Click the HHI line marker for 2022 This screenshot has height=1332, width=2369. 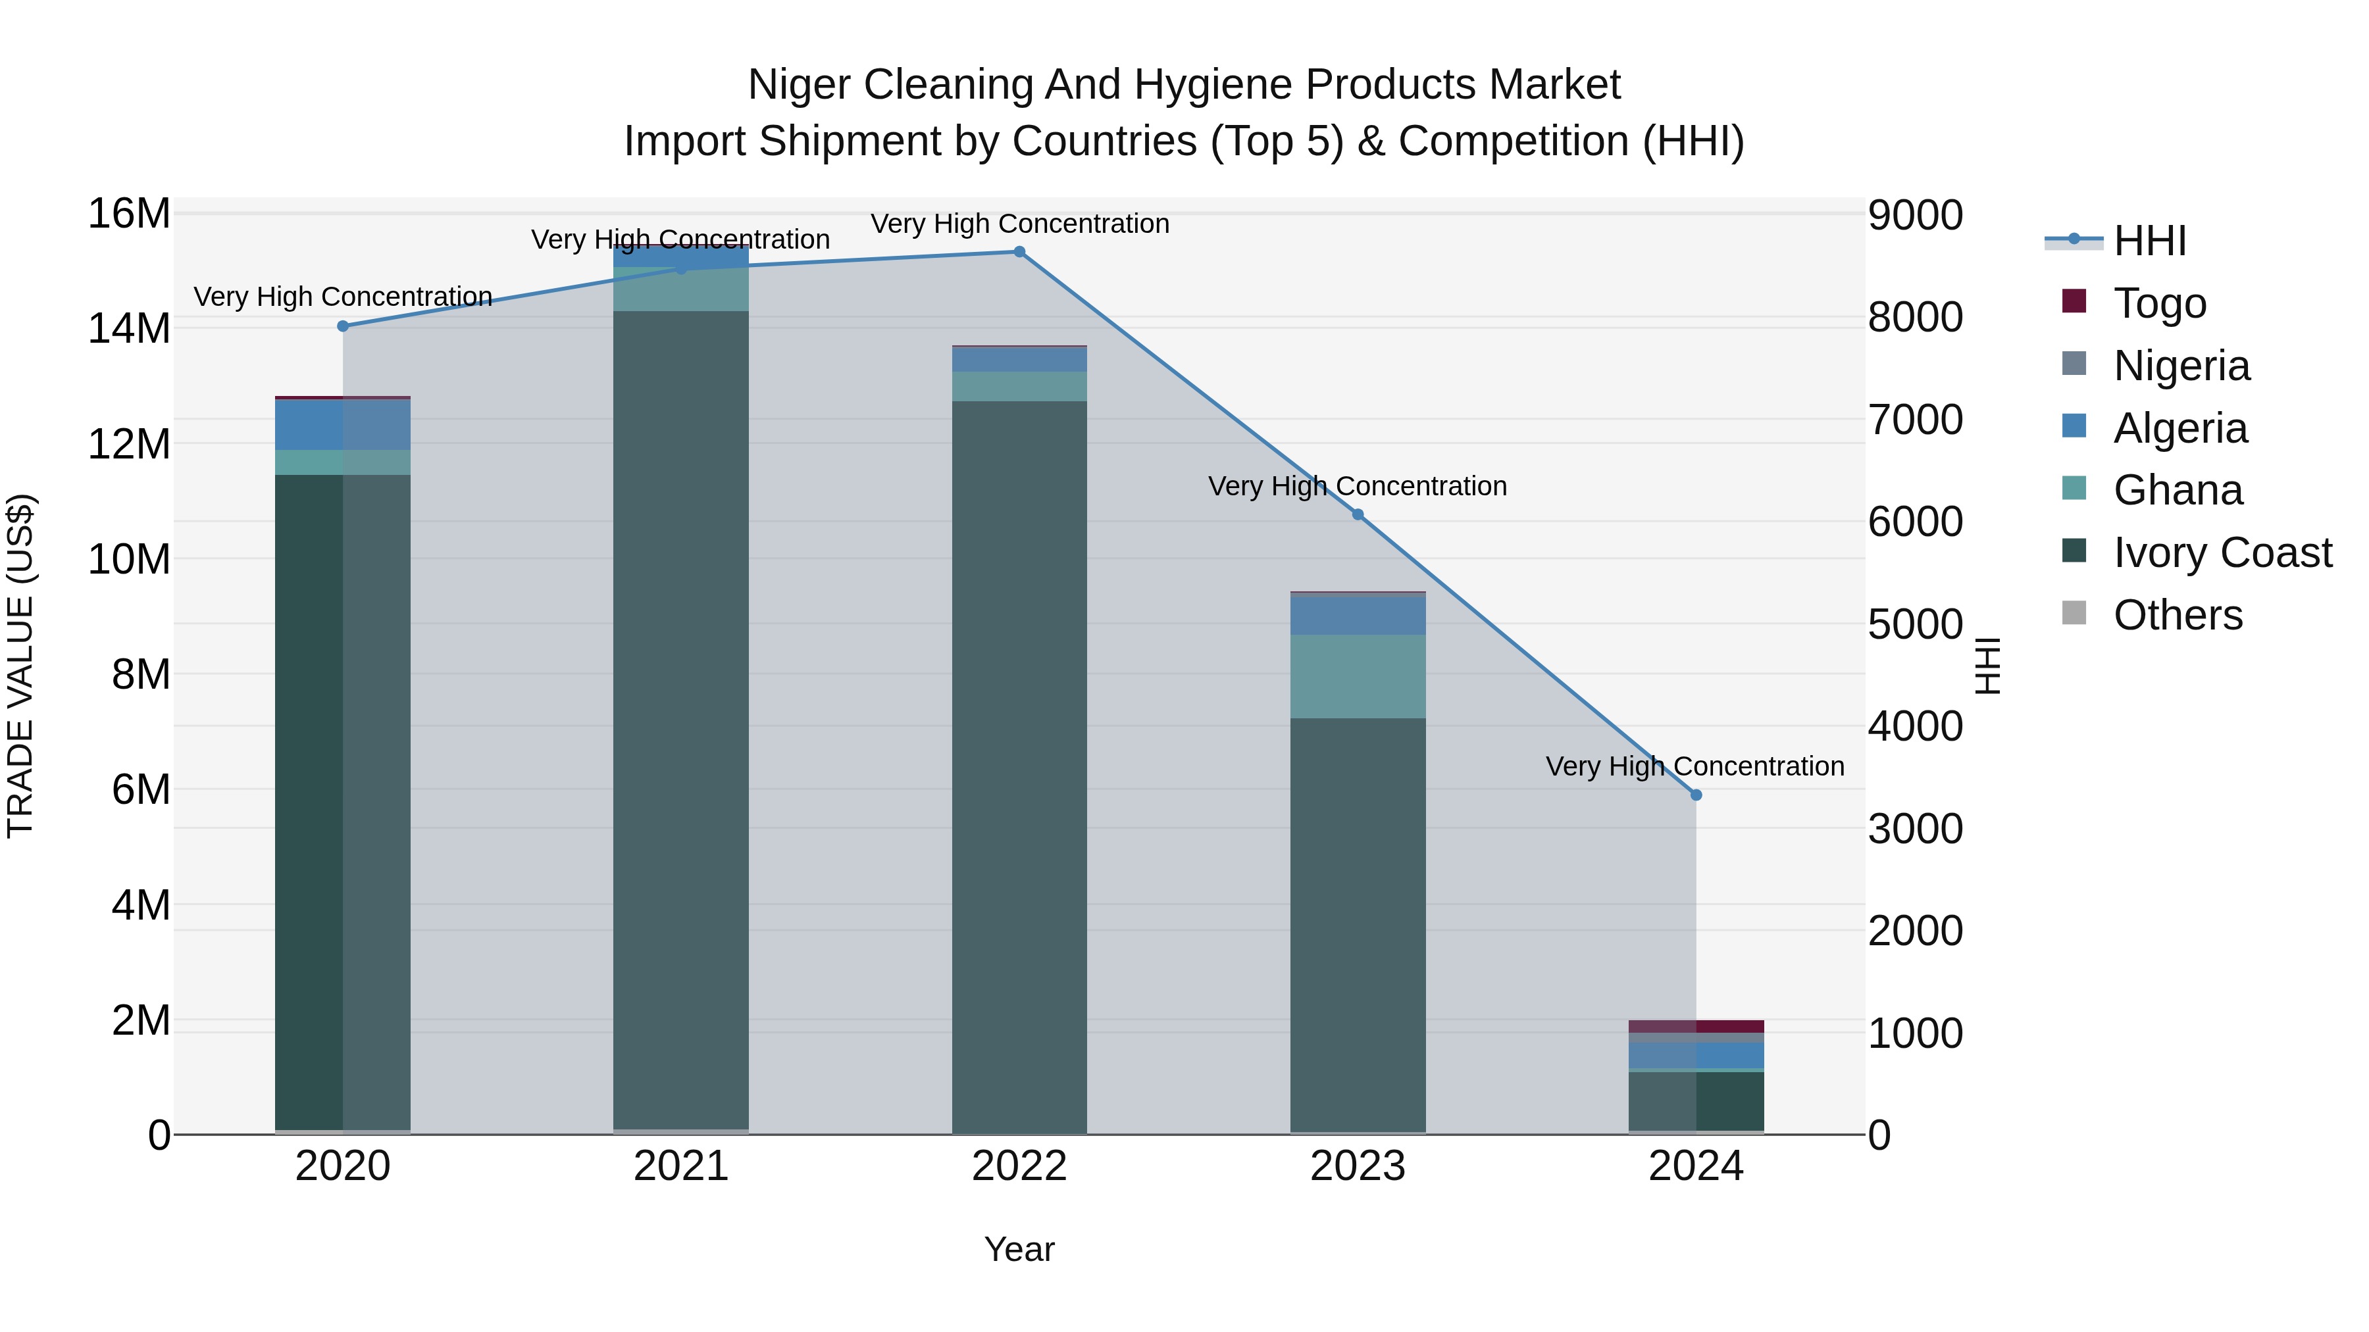point(1019,252)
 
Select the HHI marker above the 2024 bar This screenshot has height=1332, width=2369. point(1696,795)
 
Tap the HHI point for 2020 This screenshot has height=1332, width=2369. point(343,326)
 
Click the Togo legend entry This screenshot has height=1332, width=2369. point(2158,303)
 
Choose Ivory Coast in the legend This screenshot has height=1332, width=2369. point(2222,553)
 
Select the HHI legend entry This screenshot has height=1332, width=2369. point(2149,241)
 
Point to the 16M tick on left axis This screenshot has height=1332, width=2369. point(129,214)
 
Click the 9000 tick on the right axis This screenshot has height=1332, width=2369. point(1916,216)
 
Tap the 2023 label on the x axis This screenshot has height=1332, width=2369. point(1358,1166)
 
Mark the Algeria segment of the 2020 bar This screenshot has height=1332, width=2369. point(342,425)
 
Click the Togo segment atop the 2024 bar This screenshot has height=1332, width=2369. point(1696,1026)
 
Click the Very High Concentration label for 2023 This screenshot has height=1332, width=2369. point(1358,486)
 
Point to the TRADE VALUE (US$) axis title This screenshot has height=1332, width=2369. point(20,666)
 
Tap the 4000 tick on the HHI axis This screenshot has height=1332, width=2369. point(1916,727)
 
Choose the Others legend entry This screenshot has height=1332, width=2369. point(2177,615)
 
